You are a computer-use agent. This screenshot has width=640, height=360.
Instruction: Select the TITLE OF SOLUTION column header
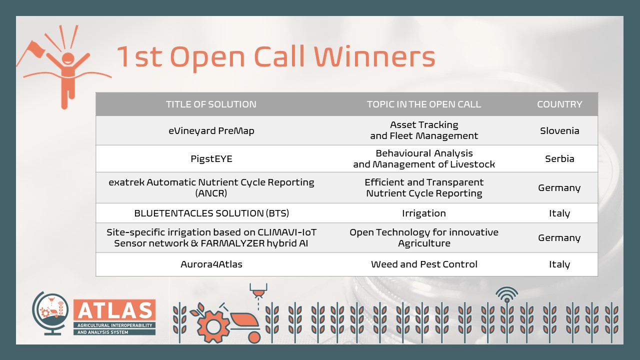coord(211,104)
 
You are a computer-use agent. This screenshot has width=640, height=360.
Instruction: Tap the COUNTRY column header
coord(559,104)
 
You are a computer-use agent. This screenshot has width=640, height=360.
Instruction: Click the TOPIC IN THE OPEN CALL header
coord(424,104)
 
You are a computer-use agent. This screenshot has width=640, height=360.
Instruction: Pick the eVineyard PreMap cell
coord(211,131)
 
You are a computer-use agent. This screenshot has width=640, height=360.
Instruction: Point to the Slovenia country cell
coord(559,130)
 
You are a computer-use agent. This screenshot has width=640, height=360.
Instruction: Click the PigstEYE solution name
coord(211,159)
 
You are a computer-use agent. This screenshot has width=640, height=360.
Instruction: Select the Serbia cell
coord(559,158)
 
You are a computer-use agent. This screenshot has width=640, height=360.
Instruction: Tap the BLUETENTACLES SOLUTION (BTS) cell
coord(211,213)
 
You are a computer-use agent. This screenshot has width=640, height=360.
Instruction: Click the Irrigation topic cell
coord(424,213)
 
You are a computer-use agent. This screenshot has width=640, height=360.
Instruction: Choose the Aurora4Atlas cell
coord(211,264)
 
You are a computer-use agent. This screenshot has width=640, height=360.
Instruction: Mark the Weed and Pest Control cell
coord(424,264)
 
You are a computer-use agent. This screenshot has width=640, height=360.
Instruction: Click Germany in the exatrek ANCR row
coord(559,188)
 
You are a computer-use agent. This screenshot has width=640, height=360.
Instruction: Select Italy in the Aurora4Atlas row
coord(559,264)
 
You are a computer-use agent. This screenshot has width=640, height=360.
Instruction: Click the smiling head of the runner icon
coord(68,58)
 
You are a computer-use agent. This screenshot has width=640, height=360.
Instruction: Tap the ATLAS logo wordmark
coord(114,310)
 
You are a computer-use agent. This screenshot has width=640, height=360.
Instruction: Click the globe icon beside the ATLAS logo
coord(50,313)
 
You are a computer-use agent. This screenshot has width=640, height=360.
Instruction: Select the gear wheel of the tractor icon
coord(213,326)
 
